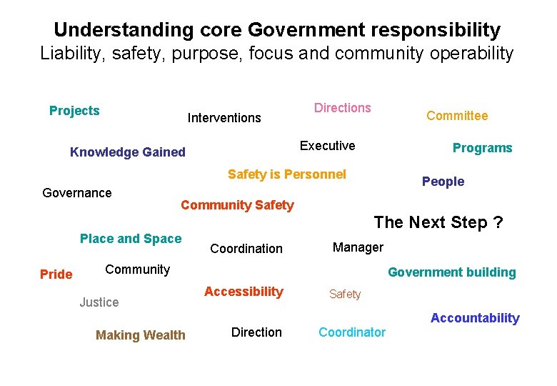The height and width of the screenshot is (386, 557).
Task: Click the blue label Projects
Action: click(x=74, y=111)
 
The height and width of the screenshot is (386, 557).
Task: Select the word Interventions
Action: click(x=224, y=118)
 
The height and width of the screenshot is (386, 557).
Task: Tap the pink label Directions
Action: click(x=343, y=108)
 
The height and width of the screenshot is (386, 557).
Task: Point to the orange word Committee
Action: click(x=457, y=116)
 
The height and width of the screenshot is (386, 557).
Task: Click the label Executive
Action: click(x=327, y=146)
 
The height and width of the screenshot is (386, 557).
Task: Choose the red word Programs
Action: click(x=482, y=148)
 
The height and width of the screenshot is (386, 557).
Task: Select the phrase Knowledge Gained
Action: click(x=128, y=152)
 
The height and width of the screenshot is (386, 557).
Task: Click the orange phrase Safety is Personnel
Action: click(x=286, y=174)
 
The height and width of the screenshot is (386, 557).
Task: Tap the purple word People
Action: click(x=443, y=182)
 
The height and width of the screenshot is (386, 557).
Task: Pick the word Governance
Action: click(x=77, y=193)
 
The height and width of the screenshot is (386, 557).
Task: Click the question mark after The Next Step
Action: click(x=498, y=222)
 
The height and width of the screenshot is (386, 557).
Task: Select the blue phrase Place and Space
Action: click(x=131, y=239)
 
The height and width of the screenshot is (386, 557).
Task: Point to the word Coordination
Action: click(x=246, y=249)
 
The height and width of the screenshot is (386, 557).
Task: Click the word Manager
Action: click(x=358, y=247)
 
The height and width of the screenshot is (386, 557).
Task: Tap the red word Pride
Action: click(x=56, y=274)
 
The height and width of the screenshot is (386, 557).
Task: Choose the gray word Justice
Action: click(x=99, y=302)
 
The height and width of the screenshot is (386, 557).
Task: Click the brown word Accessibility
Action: click(x=244, y=292)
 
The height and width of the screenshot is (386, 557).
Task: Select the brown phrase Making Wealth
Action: click(x=141, y=335)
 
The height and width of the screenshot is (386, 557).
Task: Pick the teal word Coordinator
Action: click(x=352, y=332)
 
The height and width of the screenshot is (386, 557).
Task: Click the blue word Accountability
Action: click(x=475, y=318)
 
